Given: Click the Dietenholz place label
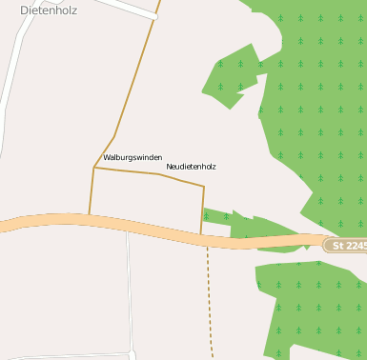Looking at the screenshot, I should point(49,10).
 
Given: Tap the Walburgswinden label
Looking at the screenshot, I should point(133,156).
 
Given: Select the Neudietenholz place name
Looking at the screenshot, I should point(191,166).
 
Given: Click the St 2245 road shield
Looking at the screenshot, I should point(345,245).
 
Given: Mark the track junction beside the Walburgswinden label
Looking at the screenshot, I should point(94,167).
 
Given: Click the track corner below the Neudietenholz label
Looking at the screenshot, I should point(204,186).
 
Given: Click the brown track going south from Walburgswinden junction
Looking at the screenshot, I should point(92,190).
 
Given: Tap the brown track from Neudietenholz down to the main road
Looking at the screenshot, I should point(203,210).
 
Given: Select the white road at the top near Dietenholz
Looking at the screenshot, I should point(124,8).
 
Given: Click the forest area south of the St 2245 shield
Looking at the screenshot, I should point(315,305).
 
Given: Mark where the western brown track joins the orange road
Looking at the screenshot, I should point(90,215).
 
